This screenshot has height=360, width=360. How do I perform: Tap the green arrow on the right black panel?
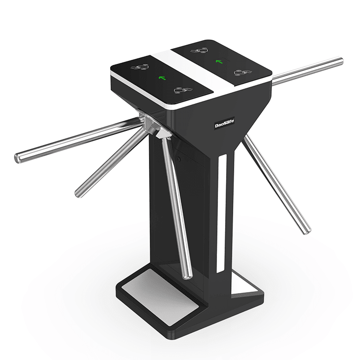[x=219, y=61]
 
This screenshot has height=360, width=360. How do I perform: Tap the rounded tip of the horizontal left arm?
[x=19, y=157]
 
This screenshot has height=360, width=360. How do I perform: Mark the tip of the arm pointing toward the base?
[x=189, y=275]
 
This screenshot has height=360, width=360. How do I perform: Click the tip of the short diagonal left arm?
[x=79, y=193]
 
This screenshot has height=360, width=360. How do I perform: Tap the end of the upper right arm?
[x=340, y=62]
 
